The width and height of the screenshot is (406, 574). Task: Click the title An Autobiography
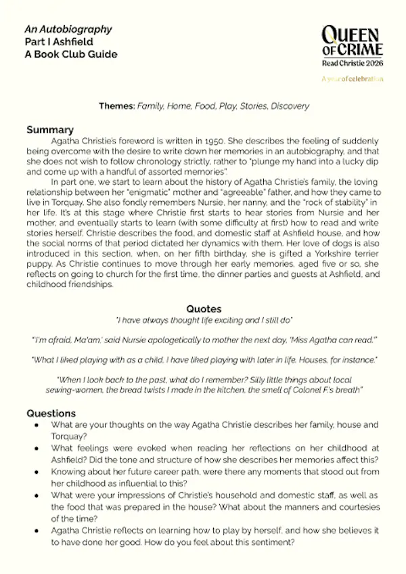pyautogui.click(x=68, y=30)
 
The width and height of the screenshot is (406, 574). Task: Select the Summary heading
pyautogui.click(x=49, y=129)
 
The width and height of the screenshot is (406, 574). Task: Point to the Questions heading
pyautogui.click(x=51, y=413)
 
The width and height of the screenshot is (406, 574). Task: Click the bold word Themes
pyautogui.click(x=116, y=106)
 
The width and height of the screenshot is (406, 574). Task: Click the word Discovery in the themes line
pyautogui.click(x=290, y=106)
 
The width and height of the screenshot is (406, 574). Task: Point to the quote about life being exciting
pyautogui.click(x=204, y=319)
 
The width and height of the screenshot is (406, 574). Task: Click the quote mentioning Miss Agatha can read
pyautogui.click(x=204, y=338)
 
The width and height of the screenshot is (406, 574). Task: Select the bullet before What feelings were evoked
pyautogui.click(x=36, y=448)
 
